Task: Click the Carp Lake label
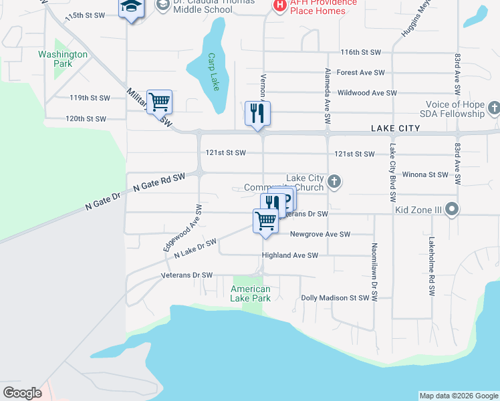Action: [213, 68]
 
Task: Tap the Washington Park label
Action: [63, 59]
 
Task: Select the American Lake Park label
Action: [251, 293]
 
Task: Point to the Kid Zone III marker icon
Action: [452, 210]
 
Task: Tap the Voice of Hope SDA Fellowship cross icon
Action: [493, 108]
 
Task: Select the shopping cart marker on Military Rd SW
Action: [159, 102]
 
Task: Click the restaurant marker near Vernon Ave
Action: [257, 113]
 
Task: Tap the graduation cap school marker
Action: [131, 9]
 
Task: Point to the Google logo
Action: [22, 393]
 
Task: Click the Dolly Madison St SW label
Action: [335, 298]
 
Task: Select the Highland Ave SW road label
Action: [289, 255]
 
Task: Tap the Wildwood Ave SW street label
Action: [368, 93]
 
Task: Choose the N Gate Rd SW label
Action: [158, 182]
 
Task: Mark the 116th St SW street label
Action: [360, 52]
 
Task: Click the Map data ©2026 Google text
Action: [459, 396]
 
